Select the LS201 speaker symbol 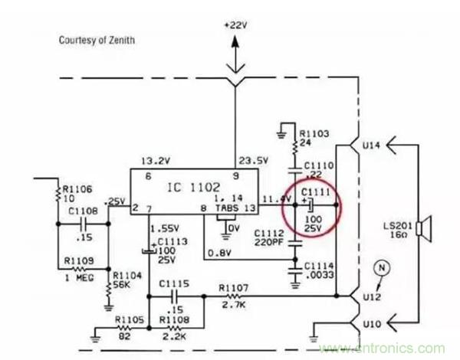(426, 227)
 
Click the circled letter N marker (377, 267)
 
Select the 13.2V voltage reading (154, 161)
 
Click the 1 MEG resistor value (80, 278)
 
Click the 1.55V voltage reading (164, 229)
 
